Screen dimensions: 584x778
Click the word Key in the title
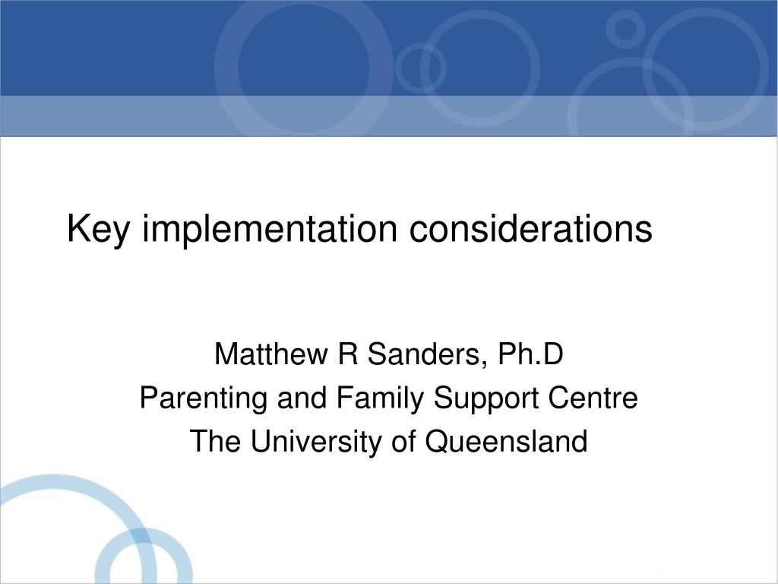pos(98,230)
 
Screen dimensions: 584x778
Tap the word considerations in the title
pos(531,230)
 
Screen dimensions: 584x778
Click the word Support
pos(484,398)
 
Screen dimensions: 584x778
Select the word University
pos(317,441)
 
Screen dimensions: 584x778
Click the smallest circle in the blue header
pos(625,28)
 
